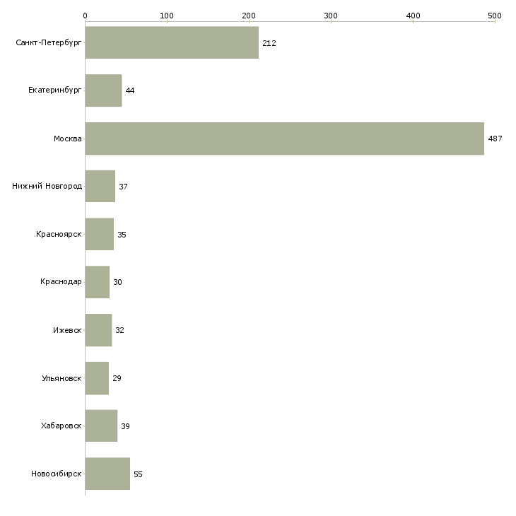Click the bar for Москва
[284, 139]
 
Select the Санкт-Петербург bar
[172, 42]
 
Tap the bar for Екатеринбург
[103, 90]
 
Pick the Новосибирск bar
[107, 474]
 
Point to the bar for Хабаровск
[101, 426]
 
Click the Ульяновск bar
[97, 378]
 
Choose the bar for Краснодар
[98, 282]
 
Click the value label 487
[495, 139]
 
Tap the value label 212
[269, 43]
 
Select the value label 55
[138, 474]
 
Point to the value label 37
[123, 187]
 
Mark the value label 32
[119, 330]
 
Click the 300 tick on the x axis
[331, 15]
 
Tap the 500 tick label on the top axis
[494, 15]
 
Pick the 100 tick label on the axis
[167, 15]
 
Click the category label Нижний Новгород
[47, 187]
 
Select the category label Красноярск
[59, 235]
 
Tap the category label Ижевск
[67, 330]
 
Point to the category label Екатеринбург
[55, 90]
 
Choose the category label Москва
[68, 139]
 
